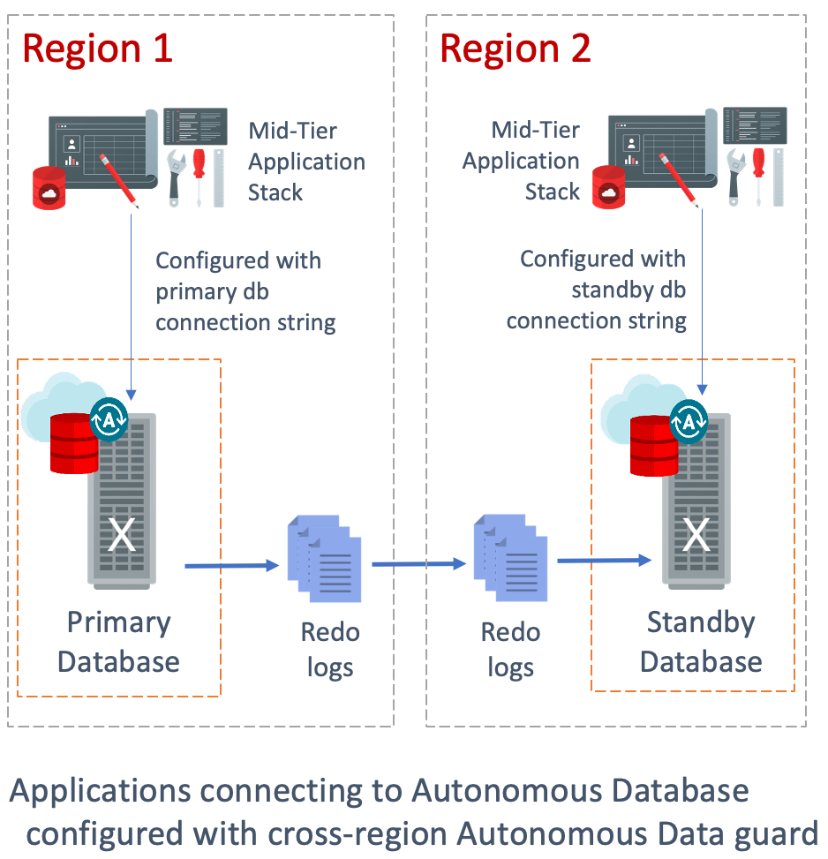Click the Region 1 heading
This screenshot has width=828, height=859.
(x=97, y=48)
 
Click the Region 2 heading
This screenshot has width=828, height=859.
(x=516, y=48)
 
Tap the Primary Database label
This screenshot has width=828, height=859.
(x=118, y=642)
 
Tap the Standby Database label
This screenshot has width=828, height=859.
(x=701, y=642)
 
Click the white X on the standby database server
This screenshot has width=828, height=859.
(x=696, y=534)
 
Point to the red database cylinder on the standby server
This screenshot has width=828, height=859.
(x=654, y=446)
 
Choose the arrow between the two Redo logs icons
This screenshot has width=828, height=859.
(x=419, y=562)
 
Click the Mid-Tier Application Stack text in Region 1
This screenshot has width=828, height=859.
(x=305, y=162)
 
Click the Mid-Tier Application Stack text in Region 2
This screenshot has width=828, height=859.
(x=522, y=162)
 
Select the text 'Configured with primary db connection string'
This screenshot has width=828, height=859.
(x=245, y=292)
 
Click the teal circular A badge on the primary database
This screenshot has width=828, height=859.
(x=109, y=419)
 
